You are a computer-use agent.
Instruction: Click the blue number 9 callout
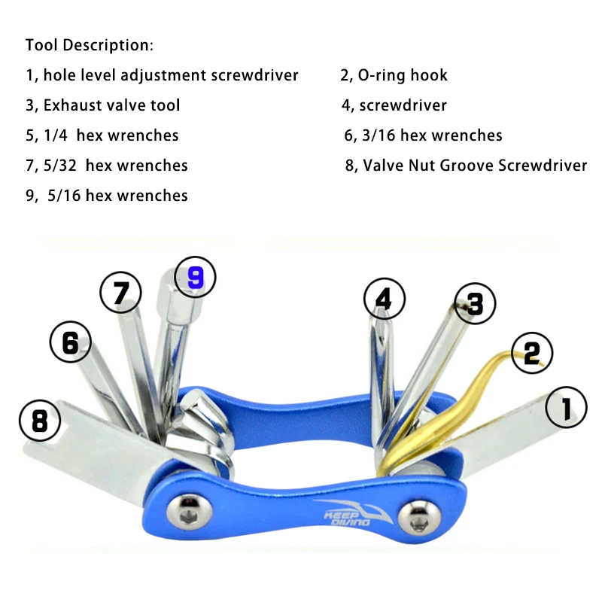[195, 277]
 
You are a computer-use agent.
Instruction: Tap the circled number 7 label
[120, 293]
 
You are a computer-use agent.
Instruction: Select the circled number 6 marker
[71, 342]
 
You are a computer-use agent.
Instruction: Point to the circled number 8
[40, 421]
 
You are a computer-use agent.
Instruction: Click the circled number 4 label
[385, 299]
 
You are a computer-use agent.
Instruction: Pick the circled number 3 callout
[475, 304]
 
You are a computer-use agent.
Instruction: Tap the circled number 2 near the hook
[532, 353]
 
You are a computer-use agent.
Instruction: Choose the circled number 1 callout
[567, 407]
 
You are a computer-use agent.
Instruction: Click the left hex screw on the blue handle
[190, 512]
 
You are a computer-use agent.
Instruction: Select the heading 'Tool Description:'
[90, 45]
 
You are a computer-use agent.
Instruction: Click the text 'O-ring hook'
[403, 75]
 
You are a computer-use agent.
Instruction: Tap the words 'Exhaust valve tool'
[111, 105]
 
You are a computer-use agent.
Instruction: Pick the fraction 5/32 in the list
[60, 166]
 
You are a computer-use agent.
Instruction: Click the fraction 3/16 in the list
[379, 135]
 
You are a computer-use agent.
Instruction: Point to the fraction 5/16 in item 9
[64, 196]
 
